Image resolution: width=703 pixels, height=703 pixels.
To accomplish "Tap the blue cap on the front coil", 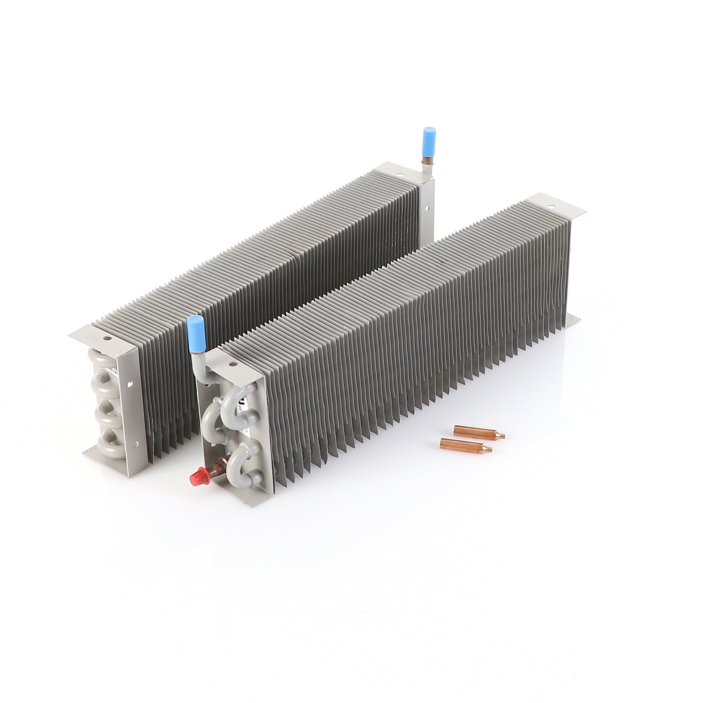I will tap(194, 333).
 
